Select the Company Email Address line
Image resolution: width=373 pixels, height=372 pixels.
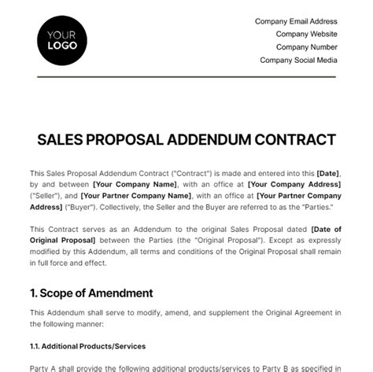296,21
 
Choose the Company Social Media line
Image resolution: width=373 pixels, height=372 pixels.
299,59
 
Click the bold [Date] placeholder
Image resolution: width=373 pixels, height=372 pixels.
329,173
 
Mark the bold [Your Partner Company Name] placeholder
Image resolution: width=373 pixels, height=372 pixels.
144,195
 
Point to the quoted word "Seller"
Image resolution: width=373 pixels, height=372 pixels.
46,195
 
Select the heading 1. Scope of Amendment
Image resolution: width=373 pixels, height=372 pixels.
91,293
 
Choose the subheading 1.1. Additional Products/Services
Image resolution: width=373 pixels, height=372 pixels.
87,345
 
